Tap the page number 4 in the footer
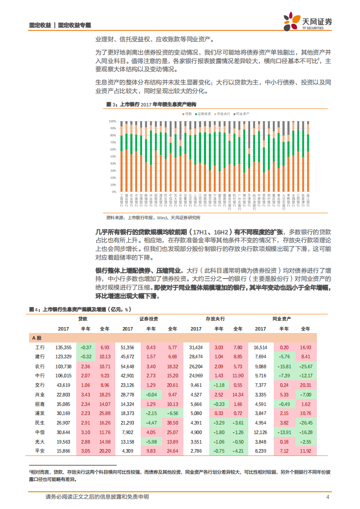[328, 497]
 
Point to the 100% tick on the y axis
[112, 122]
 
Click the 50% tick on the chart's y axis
[113, 157]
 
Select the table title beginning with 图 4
[79, 309]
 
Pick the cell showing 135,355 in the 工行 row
[63, 347]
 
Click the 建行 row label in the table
[41, 357]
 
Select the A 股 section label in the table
[37, 338]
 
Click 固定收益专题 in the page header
[74, 25]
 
